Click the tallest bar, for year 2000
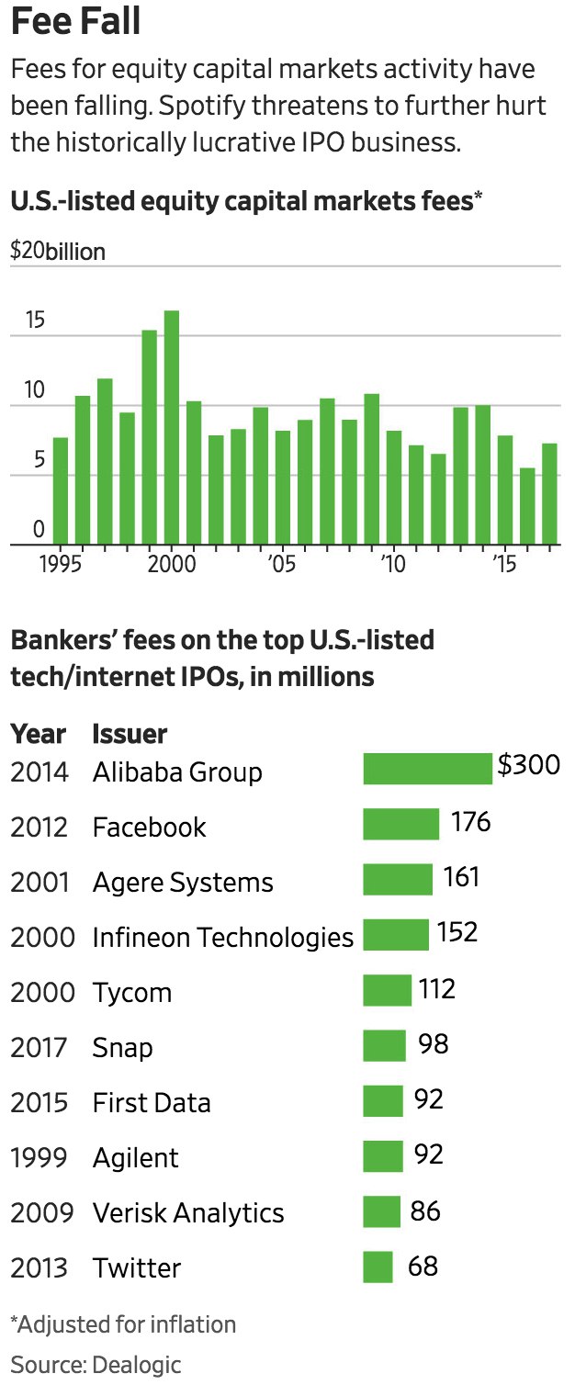click(172, 427)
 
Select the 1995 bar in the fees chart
click(61, 490)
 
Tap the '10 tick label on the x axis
click(393, 563)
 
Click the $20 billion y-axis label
click(57, 251)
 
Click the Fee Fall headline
click(76, 22)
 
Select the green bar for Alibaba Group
click(427, 769)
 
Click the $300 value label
click(528, 765)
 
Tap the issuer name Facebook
click(149, 827)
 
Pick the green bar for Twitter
click(378, 1267)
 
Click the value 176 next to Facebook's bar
click(470, 821)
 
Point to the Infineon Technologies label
click(222, 937)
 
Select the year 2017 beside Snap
click(39, 1047)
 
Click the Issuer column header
click(130, 734)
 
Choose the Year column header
click(38, 734)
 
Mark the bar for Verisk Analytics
click(381, 1211)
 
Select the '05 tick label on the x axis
click(281, 563)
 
